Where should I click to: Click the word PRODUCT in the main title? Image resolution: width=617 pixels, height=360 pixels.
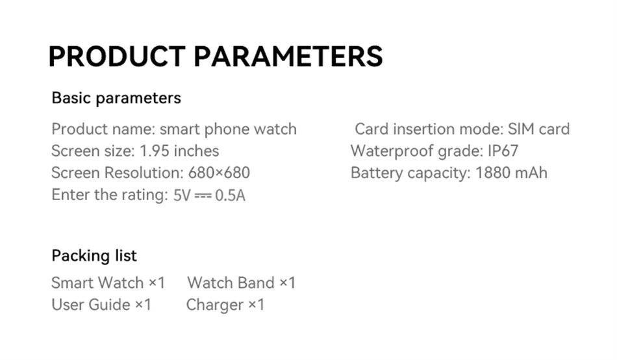(118, 57)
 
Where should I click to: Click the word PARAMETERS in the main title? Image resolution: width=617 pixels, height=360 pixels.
(288, 57)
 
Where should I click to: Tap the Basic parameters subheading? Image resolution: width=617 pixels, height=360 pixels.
(116, 98)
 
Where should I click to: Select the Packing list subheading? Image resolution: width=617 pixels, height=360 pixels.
(94, 255)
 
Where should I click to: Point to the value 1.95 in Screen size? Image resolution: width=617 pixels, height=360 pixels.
(155, 151)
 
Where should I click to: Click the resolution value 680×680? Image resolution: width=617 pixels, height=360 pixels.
(219, 173)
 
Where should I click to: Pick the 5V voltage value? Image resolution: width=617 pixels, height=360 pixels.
(182, 195)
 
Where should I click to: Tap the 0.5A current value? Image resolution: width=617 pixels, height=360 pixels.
(230, 195)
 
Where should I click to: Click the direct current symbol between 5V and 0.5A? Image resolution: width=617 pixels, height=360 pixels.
(203, 195)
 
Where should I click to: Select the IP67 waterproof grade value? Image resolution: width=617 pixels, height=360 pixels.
(503, 151)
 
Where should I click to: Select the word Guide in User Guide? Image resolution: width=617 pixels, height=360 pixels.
(109, 305)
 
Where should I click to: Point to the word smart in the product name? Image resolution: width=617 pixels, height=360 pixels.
(180, 129)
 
